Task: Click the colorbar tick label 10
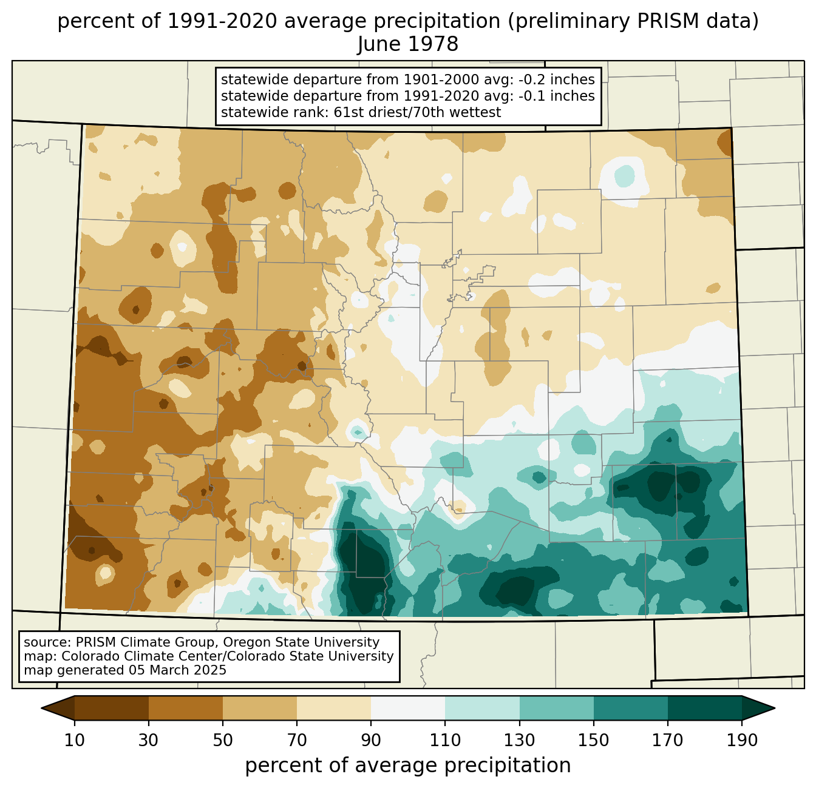(x=75, y=741)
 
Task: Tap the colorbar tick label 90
(x=371, y=741)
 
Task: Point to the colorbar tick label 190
(x=742, y=741)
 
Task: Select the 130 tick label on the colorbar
(x=520, y=741)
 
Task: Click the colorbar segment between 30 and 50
(x=186, y=708)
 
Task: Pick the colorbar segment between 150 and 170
(x=631, y=708)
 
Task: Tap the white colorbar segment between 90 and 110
(x=408, y=708)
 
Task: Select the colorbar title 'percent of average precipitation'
(x=408, y=766)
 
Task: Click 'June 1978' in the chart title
(x=408, y=44)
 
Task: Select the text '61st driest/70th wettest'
(x=417, y=112)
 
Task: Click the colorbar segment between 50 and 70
(x=260, y=708)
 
